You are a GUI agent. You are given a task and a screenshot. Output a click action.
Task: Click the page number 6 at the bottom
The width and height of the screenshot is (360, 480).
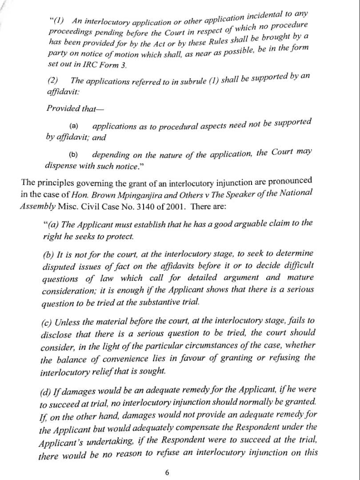click(167, 472)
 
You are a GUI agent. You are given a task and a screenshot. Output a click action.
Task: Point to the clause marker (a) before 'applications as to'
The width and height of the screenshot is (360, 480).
click(74, 126)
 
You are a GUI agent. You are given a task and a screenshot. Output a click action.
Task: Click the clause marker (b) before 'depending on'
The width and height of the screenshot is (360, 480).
click(74, 155)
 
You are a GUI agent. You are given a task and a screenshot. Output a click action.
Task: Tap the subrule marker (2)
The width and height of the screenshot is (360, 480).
click(52, 82)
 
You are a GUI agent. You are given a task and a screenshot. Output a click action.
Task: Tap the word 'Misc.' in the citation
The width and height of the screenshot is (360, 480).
click(70, 207)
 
